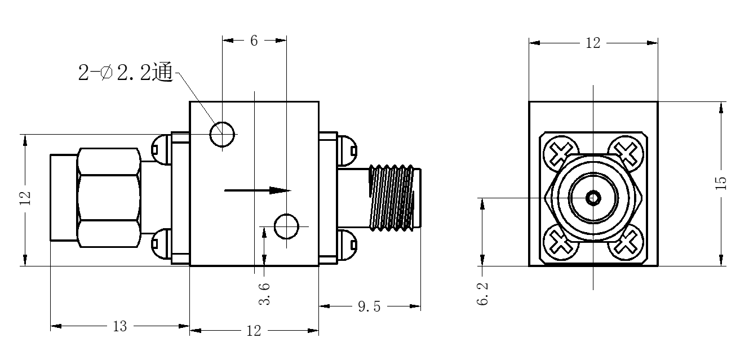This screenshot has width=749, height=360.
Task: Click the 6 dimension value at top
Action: pos(254,41)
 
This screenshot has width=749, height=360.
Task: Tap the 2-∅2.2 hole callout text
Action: pos(125,73)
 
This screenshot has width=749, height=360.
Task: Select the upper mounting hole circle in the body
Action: pos(222,135)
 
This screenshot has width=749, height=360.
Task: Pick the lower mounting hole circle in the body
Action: pos(286,226)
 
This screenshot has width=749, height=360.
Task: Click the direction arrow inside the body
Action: pos(258,190)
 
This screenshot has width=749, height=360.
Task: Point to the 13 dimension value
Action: pos(119,327)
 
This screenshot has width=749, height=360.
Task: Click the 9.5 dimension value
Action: pos(369,306)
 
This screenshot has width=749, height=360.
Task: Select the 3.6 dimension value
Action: pos(264,294)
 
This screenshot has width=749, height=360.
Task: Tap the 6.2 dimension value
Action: pos(482,294)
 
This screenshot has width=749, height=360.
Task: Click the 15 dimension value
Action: pos(721,183)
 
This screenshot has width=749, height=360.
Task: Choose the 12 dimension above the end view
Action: pos(593,43)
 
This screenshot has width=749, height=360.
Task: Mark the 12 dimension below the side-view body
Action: pos(254,331)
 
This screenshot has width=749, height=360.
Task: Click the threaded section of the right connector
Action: pos(391,198)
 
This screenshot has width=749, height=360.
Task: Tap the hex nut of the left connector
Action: pos(109,198)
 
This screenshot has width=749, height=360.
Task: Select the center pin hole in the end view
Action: pos(593,198)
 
